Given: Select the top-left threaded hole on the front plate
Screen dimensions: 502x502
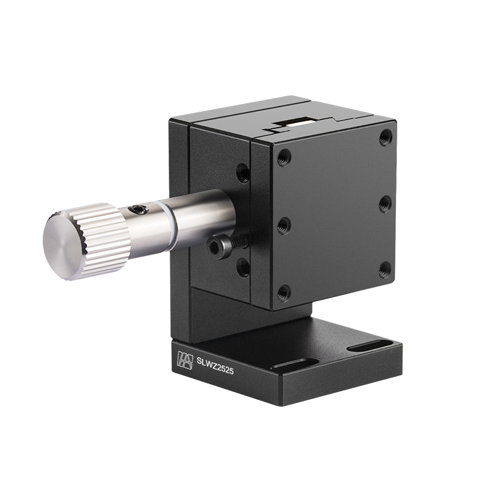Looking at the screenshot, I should pyautogui.click(x=284, y=157).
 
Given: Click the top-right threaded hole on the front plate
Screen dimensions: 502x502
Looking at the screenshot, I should pyautogui.click(x=386, y=137).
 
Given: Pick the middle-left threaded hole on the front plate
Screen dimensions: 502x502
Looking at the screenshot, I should pyautogui.click(x=284, y=225).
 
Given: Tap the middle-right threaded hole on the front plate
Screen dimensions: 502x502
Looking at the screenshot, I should pyautogui.click(x=385, y=203).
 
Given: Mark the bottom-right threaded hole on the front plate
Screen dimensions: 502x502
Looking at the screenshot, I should pyautogui.click(x=385, y=270).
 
